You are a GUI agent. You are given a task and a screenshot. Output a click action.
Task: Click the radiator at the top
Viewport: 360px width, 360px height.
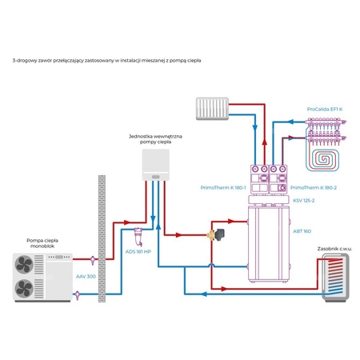(212, 109)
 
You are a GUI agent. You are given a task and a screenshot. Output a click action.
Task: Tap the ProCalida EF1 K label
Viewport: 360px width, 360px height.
(325, 109)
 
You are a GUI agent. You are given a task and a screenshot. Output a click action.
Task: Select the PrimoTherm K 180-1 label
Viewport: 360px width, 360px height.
(223, 188)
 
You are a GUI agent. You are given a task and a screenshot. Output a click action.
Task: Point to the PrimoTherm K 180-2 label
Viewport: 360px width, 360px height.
(314, 188)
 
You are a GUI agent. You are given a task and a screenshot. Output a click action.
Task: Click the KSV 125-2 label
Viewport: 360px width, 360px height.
(304, 201)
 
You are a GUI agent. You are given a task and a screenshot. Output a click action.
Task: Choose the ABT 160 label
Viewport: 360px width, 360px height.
(302, 231)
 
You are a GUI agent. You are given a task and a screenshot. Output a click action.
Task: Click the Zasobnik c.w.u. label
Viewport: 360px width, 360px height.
(334, 249)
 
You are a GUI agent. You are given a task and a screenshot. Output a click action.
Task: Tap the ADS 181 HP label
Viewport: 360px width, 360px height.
(138, 252)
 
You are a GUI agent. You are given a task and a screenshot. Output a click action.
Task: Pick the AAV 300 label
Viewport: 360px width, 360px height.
(86, 277)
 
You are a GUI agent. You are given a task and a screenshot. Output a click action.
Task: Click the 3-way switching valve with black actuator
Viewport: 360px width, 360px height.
(216, 234)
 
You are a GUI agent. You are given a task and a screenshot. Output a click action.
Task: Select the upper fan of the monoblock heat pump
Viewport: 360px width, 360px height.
(24, 264)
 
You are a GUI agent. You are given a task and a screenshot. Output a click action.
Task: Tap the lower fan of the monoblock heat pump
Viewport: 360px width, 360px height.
(24, 289)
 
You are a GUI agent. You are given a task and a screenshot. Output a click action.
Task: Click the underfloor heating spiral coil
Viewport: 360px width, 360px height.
(322, 159)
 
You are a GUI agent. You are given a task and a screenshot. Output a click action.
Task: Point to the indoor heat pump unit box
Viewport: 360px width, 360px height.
(156, 165)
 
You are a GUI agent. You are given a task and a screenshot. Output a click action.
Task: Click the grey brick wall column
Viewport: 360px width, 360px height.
(102, 238)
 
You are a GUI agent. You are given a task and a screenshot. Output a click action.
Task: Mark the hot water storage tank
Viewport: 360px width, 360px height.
(335, 278)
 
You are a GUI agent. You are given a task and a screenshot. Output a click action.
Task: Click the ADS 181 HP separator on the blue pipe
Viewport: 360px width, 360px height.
(138, 237)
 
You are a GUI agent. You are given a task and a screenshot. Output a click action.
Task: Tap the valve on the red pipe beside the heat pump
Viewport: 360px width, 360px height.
(93, 260)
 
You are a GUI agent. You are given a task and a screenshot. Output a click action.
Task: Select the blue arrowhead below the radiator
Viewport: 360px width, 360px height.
(255, 127)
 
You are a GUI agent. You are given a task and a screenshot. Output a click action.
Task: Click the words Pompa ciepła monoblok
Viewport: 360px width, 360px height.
(42, 243)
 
